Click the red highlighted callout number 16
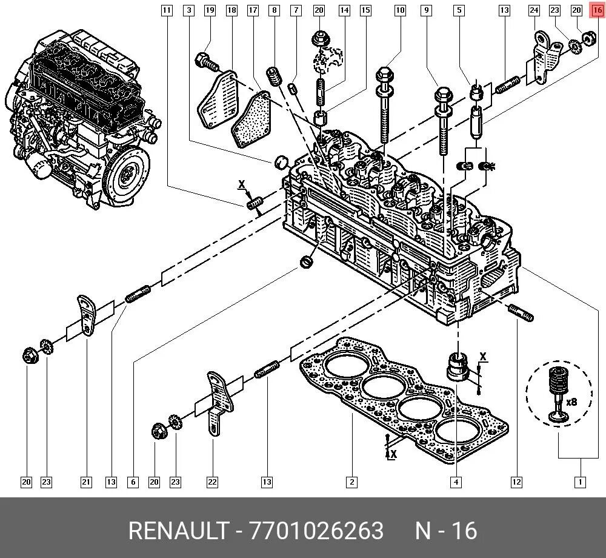click(x=597, y=10)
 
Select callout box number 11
click(x=167, y=10)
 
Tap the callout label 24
click(x=534, y=10)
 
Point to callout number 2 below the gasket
click(x=351, y=482)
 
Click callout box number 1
click(x=580, y=482)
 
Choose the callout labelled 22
click(x=212, y=482)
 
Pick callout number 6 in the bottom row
click(x=133, y=482)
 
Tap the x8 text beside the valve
click(x=571, y=402)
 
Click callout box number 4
click(x=456, y=482)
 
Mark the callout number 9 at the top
click(x=427, y=10)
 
